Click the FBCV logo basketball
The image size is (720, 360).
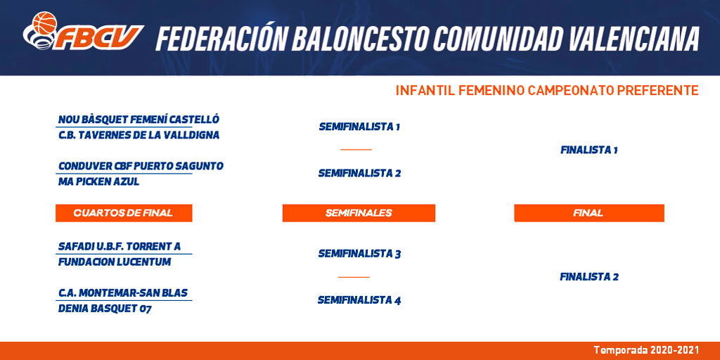tap(44, 23)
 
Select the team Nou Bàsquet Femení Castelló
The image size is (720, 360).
tap(139, 120)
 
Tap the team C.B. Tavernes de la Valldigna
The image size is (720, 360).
tap(139, 136)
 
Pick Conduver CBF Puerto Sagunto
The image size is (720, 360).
tap(141, 166)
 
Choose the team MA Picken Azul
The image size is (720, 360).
tap(98, 182)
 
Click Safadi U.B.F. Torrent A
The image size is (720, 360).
tap(120, 247)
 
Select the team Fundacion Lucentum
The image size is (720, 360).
tap(115, 262)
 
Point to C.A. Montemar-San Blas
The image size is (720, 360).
tap(123, 293)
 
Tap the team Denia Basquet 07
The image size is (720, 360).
tap(105, 309)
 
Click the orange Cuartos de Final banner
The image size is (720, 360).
tap(124, 213)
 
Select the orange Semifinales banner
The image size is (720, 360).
tap(359, 213)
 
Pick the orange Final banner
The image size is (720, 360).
tap(589, 213)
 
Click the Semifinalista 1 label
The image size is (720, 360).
tap(359, 127)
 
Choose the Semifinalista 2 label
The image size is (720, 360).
tap(359, 174)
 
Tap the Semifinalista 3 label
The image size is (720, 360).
tap(359, 254)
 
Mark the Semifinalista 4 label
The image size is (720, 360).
tap(359, 301)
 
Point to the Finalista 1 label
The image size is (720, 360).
tap(589, 150)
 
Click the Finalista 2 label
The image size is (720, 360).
tap(589, 277)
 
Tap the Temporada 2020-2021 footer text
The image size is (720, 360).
tap(647, 350)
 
